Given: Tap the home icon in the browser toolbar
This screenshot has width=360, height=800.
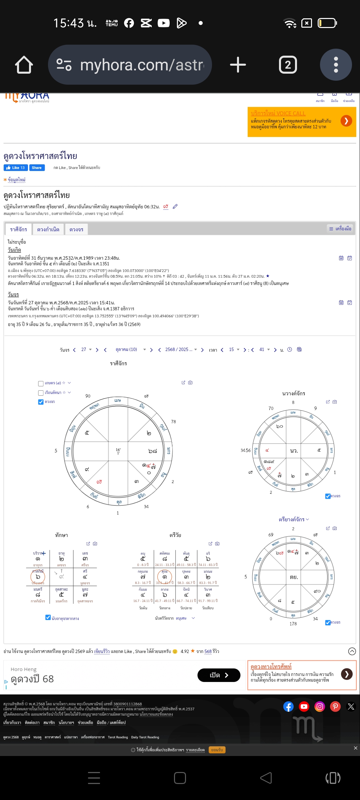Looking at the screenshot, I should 24,65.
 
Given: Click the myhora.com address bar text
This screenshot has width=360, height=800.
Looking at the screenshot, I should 142,65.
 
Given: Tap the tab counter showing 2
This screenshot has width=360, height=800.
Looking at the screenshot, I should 288,65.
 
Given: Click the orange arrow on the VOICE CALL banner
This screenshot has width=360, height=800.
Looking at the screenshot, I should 346,121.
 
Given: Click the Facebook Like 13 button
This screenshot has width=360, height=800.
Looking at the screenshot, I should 16,168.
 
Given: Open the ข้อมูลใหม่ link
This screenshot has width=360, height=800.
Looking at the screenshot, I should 16,180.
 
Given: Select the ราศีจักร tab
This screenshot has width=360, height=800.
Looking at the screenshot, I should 18,229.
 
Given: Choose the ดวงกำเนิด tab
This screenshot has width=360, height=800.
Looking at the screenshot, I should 48,229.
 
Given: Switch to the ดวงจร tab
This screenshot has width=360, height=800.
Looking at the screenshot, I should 76,229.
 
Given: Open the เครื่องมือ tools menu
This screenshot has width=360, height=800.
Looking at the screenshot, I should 340,229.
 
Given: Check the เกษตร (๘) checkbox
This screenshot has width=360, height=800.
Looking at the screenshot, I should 41,383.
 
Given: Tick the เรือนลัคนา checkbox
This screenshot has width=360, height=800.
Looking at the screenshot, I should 41,393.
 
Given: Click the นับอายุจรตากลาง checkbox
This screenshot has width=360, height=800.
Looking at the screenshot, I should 48,617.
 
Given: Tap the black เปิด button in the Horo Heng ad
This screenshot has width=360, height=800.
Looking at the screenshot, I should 219,675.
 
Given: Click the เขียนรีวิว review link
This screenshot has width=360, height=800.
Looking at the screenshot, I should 102,651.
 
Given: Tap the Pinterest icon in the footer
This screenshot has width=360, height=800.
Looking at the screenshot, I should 335,706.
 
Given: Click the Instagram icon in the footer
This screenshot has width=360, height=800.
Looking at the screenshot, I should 319,706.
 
